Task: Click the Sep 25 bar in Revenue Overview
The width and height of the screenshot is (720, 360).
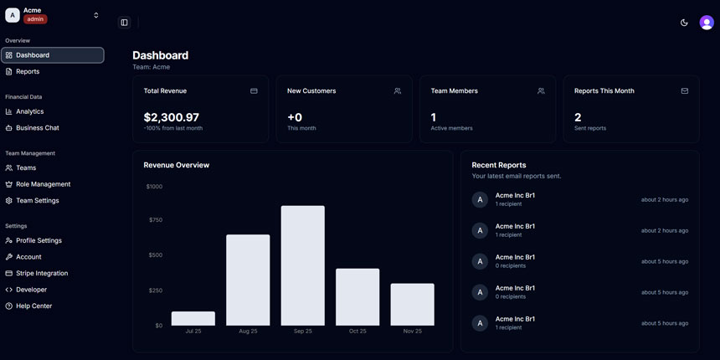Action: click(302, 265)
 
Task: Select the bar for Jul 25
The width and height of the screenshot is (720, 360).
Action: click(193, 319)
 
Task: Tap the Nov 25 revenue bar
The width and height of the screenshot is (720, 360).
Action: click(412, 305)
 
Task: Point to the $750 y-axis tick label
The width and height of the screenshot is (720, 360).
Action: click(155, 220)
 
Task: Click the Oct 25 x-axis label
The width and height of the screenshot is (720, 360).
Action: click(357, 332)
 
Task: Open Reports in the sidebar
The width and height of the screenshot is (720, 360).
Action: click(28, 72)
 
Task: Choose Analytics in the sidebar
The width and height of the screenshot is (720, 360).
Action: click(29, 111)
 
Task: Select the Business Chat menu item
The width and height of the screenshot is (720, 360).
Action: click(37, 128)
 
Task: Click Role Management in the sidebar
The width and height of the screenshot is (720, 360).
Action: click(43, 184)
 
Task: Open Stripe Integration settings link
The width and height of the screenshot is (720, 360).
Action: click(42, 274)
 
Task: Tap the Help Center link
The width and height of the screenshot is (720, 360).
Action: click(33, 306)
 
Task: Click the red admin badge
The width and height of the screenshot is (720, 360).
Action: click(35, 19)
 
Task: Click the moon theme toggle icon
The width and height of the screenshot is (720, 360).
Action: click(684, 23)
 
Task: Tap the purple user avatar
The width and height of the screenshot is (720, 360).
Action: click(707, 23)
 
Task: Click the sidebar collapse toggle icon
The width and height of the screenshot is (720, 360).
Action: click(124, 23)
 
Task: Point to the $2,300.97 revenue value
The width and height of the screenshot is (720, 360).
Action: click(172, 117)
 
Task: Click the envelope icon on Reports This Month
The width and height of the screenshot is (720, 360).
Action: click(685, 91)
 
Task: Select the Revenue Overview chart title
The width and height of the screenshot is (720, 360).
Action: click(177, 165)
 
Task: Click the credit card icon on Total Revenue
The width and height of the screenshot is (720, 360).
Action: click(254, 91)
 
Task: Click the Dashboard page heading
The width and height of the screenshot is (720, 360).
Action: click(160, 55)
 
